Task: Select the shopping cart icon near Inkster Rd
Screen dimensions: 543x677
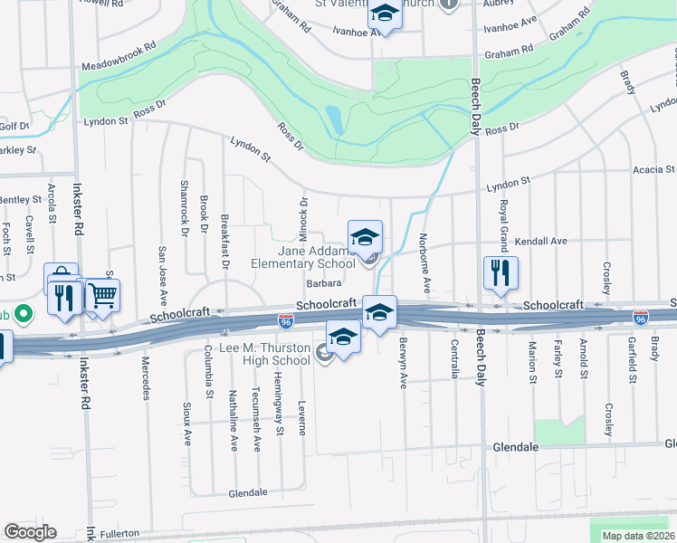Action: [103, 295]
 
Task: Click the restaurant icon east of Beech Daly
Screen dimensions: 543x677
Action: [500, 272]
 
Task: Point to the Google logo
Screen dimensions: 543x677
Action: [30, 532]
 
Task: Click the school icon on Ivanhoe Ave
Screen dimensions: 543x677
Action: [384, 15]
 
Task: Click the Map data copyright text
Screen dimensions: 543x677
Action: [637, 536]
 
